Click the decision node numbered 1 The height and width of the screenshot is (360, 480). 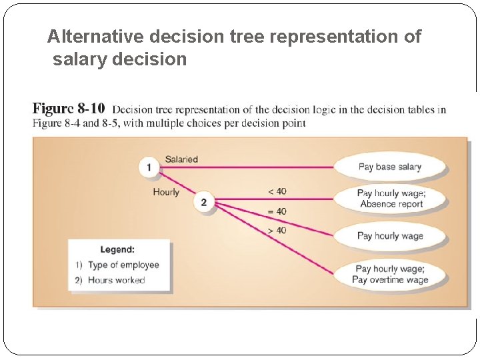tap(149, 167)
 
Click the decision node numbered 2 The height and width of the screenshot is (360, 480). tap(204, 202)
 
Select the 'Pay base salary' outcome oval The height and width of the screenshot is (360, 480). tap(389, 167)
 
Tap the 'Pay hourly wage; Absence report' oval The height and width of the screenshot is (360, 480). tap(391, 199)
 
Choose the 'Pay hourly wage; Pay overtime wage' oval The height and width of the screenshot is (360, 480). tap(390, 274)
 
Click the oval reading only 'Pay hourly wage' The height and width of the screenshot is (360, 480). tap(390, 235)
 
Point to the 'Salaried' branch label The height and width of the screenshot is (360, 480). tap(181, 159)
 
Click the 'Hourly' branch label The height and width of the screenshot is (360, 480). tap(166, 192)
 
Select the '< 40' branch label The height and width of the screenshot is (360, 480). tap(277, 191)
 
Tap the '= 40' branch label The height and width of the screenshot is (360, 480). tap(277, 211)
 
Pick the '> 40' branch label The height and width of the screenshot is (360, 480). tap(277, 230)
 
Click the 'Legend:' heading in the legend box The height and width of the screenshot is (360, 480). tap(117, 249)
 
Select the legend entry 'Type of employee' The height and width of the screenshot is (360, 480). tap(123, 265)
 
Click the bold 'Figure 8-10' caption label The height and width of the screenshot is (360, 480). tap(69, 109)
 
